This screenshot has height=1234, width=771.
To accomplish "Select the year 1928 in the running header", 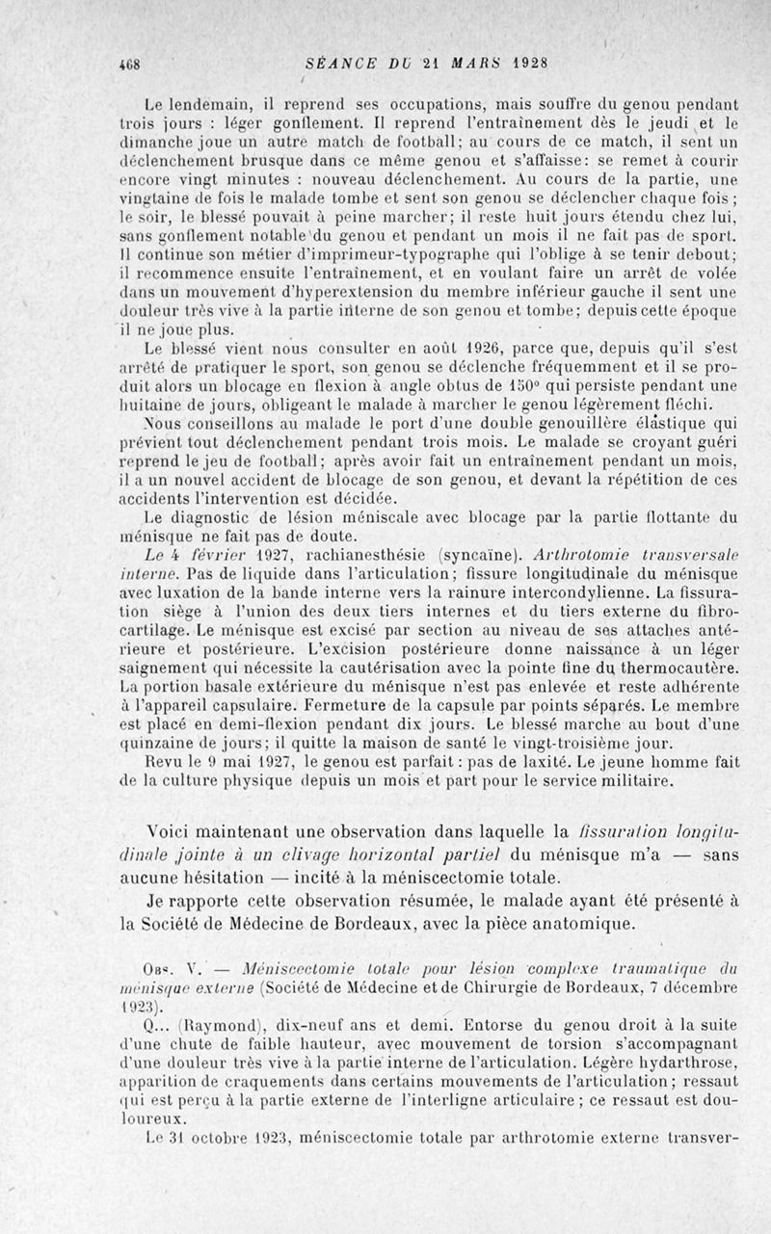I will [529, 65].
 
